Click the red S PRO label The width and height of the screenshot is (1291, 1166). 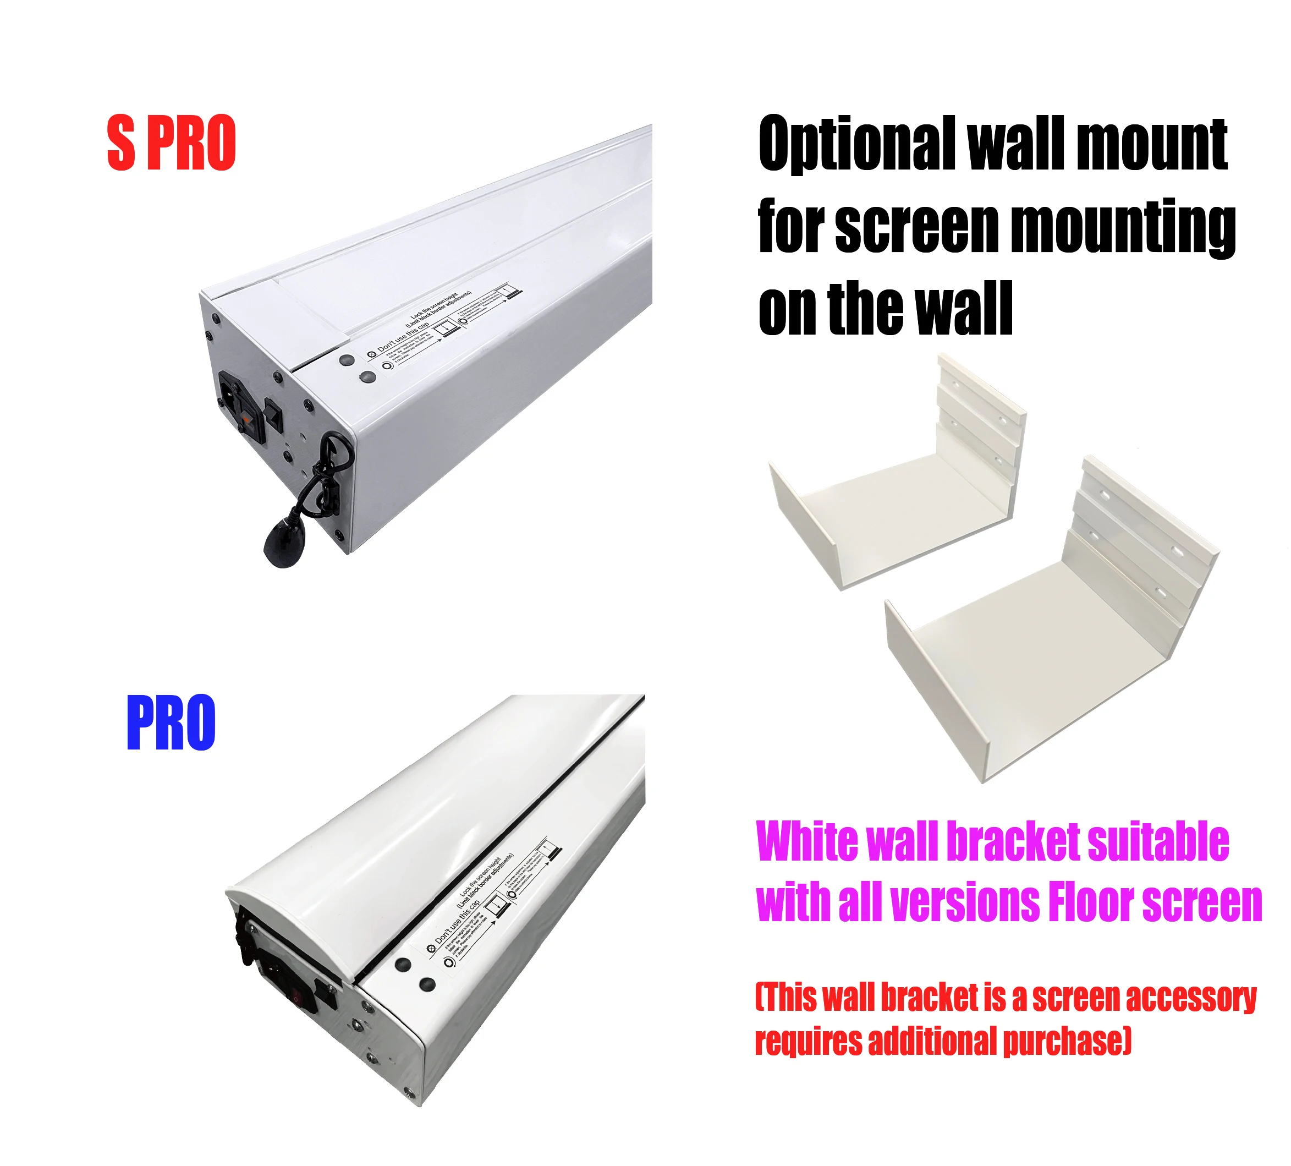coord(172,143)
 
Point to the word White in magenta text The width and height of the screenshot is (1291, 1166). coord(806,841)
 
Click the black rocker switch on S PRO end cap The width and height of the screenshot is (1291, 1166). coord(273,414)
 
